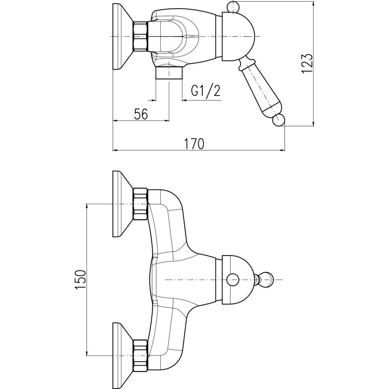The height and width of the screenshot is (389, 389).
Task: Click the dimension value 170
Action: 194,144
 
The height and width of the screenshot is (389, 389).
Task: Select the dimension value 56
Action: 141,114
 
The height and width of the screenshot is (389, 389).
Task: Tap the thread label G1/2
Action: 206,91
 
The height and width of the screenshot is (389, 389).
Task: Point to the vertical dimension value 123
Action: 307,63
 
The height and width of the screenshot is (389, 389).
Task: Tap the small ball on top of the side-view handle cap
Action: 233,7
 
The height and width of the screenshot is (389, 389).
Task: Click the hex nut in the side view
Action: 140,36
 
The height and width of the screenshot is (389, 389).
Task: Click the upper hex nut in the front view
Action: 140,203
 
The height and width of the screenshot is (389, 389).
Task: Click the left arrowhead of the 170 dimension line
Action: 115,151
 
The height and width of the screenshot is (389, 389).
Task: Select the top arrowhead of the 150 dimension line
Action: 86,206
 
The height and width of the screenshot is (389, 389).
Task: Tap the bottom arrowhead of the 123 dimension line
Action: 314,124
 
